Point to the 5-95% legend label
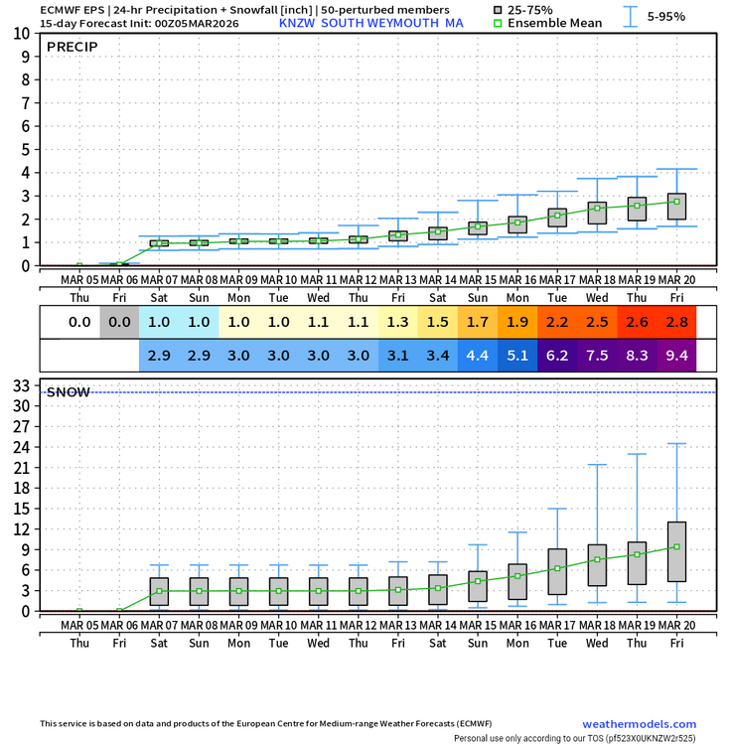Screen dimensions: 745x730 tap(665, 16)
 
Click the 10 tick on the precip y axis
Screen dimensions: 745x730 tap(22, 33)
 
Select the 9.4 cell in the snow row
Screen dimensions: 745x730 tap(676, 355)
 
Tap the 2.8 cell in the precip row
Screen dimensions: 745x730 tap(676, 322)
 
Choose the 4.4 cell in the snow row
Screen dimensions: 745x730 tap(478, 355)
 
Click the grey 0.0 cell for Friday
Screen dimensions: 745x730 tap(119, 322)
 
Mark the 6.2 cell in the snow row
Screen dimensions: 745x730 tap(557, 355)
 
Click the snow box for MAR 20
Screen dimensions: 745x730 tap(676, 551)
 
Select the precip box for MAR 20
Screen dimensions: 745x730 tap(676, 207)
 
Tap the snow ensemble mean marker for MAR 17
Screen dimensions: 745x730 tap(557, 568)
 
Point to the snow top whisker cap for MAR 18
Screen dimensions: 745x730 tap(597, 465)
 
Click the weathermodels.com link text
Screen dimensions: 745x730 tap(639, 724)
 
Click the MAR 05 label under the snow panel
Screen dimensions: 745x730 tap(79, 625)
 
